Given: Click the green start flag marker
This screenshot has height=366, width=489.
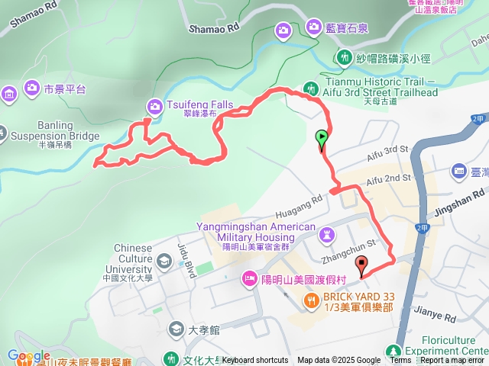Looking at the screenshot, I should pyautogui.click(x=322, y=138).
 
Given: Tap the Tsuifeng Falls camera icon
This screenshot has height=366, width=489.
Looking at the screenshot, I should pyautogui.click(x=153, y=107).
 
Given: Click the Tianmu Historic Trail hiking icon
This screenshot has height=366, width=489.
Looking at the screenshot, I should pyautogui.click(x=310, y=87).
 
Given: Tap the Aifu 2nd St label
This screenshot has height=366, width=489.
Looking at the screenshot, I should pyautogui.click(x=388, y=180).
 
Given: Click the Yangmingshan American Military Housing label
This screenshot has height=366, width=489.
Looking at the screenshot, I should pyautogui.click(x=255, y=232).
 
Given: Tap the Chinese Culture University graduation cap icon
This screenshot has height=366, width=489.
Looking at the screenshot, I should pyautogui.click(x=164, y=262).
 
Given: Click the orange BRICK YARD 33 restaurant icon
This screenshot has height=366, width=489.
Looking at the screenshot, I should pyautogui.click(x=310, y=300).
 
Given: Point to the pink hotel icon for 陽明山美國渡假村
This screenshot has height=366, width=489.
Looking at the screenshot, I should pyautogui.click(x=249, y=279).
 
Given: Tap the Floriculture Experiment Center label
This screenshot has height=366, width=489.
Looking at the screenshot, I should pyautogui.click(x=450, y=346).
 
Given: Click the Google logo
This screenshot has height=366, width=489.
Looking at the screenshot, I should pyautogui.click(x=28, y=355).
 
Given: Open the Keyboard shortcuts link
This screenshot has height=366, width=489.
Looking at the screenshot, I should pyautogui.click(x=255, y=361).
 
